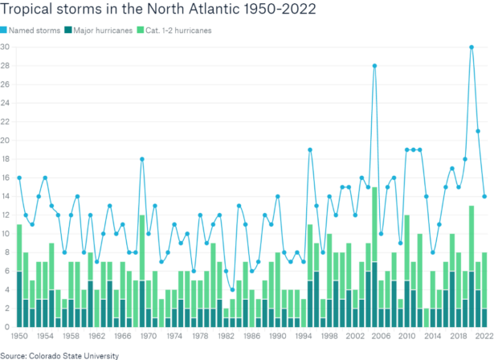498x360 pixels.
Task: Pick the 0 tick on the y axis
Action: [6, 327]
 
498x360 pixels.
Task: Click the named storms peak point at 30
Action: [471, 47]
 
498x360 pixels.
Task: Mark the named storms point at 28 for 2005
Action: [374, 65]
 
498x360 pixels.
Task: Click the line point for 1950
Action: [19, 178]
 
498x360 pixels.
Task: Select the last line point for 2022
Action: [484, 196]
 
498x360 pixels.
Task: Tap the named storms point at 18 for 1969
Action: [142, 159]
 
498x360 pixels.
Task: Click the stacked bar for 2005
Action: [374, 257]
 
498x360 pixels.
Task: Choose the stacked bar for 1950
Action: [19, 276]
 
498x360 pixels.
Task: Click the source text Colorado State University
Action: [59, 354]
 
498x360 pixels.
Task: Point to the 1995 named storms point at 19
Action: [310, 149]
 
